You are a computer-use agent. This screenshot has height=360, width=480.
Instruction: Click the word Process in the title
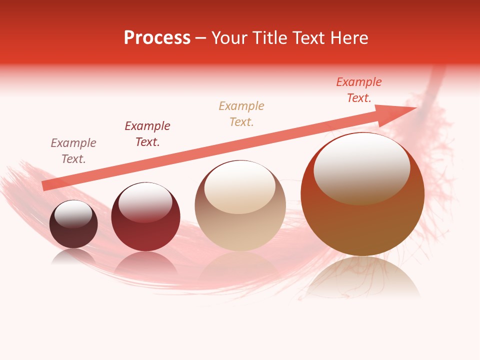157,38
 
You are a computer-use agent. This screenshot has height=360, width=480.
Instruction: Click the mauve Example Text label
73,150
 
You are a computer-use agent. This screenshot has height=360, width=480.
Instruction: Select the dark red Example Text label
147,133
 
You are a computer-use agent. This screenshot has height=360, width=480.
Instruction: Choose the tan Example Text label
241,113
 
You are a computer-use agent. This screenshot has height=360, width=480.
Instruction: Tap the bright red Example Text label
359,89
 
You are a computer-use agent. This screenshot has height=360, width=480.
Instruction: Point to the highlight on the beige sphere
239,187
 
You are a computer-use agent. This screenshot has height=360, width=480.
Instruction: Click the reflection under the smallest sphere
73,257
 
